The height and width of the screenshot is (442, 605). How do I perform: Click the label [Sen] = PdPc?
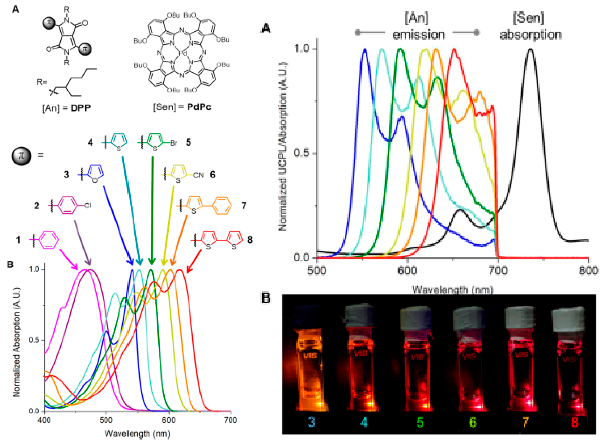point(182,107)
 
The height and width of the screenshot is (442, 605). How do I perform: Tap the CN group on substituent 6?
point(198,175)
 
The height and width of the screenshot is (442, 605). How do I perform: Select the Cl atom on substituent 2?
point(88,205)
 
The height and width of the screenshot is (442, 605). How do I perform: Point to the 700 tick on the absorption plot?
point(231,419)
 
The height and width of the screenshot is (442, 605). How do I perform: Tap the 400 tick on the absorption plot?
point(44,419)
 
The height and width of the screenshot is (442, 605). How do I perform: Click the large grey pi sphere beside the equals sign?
point(21,156)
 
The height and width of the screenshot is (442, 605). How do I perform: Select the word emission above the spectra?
point(419,35)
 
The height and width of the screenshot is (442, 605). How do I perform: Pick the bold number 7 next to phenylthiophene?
point(243,205)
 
